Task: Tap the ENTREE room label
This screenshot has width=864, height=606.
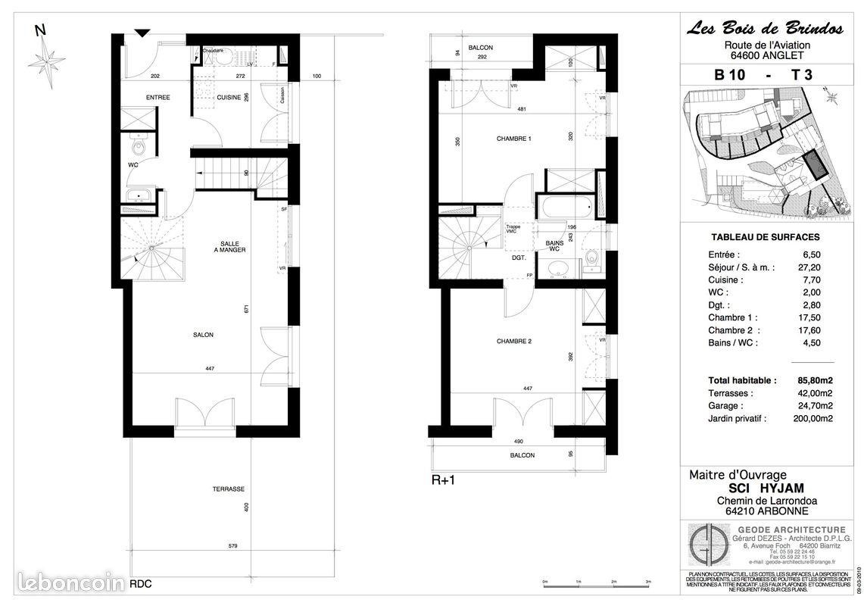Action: pos(158,98)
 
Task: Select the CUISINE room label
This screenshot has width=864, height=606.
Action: pos(229,98)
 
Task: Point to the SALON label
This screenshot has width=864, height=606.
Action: pos(202,335)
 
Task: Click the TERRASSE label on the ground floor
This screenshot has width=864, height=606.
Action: pos(228,489)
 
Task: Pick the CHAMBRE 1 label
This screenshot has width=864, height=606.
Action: pos(514,139)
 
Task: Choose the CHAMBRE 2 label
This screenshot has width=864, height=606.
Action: pos(514,342)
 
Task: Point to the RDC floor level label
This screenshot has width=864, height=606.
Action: pos(140,584)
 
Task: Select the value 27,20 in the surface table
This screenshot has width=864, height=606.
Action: pos(818,267)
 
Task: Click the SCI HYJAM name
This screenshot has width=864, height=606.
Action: pos(762,489)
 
